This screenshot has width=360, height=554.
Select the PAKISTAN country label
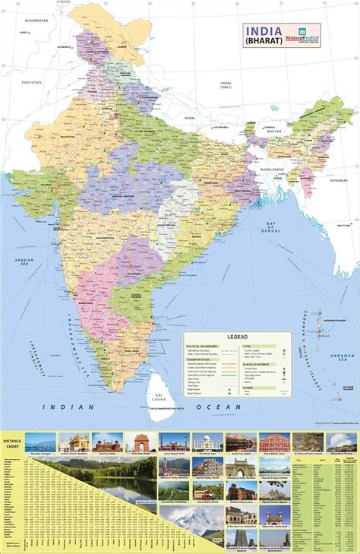click(x=33, y=81)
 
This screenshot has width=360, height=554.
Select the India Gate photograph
click(x=141, y=442)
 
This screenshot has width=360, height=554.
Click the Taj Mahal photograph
click(x=206, y=442)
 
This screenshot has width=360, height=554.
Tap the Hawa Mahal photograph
click(x=274, y=442)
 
